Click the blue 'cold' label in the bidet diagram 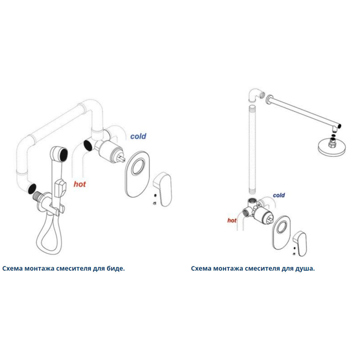[x=138, y=136]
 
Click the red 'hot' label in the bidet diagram [x=80, y=184]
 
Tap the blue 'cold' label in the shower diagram [x=279, y=195]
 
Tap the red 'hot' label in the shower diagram [x=231, y=220]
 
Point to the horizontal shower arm [x=303, y=111]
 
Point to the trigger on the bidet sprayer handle [x=60, y=188]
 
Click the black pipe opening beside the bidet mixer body [x=87, y=145]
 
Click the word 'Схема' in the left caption [x=12, y=269]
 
